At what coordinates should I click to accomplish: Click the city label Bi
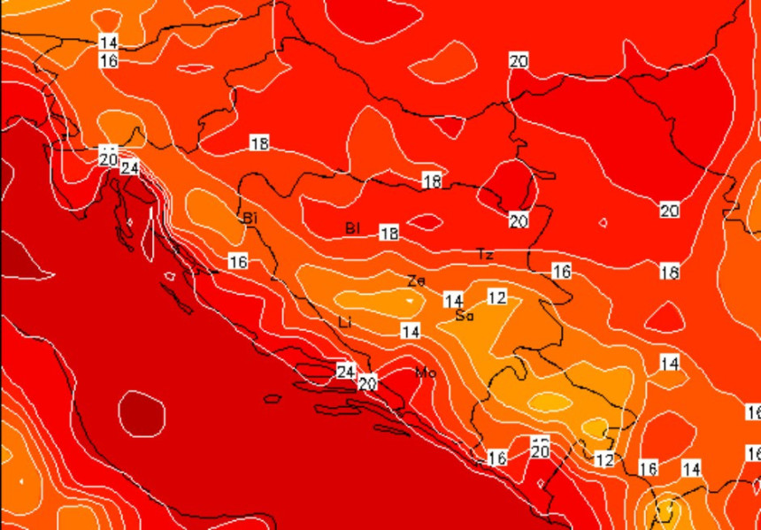pyautogui.click(x=250, y=218)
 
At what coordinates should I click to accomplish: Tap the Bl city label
pyautogui.click(x=353, y=229)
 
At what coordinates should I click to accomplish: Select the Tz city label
pyautogui.click(x=485, y=255)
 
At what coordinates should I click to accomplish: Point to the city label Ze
pyautogui.click(x=416, y=281)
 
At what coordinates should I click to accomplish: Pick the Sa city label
pyautogui.click(x=465, y=315)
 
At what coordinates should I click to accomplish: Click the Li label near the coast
pyautogui.click(x=345, y=323)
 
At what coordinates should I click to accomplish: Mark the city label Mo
pyautogui.click(x=426, y=373)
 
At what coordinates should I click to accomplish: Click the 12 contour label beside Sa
pyautogui.click(x=497, y=297)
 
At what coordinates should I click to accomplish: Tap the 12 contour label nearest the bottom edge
pyautogui.click(x=604, y=460)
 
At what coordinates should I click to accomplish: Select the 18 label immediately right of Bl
pyautogui.click(x=388, y=234)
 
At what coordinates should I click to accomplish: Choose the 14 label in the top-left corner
pyautogui.click(x=109, y=42)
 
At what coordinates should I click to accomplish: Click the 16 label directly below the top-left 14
pyautogui.click(x=109, y=61)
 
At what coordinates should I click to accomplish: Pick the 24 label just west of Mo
pyautogui.click(x=346, y=371)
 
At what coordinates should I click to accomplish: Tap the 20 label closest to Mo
pyautogui.click(x=367, y=383)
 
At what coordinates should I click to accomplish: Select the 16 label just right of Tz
pyautogui.click(x=561, y=272)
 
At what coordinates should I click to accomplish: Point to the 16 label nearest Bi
pyautogui.click(x=238, y=262)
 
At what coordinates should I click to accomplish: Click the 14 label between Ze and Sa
pyautogui.click(x=454, y=301)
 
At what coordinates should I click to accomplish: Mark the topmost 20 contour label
pyautogui.click(x=519, y=61)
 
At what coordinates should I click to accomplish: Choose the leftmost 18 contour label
pyautogui.click(x=259, y=143)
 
